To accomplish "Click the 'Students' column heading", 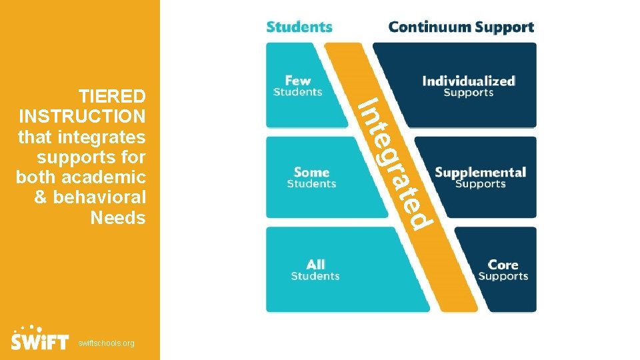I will point(299,27).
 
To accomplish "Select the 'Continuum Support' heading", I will point(461,27).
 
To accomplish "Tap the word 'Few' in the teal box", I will point(298,81).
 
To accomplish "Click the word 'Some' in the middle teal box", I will point(311,173).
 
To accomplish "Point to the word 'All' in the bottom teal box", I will point(315,265).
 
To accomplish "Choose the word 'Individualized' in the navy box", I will point(468,81).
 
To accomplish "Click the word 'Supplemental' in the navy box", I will point(480,173).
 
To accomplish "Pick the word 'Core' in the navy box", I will point(503,265).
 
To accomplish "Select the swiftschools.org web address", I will point(106,343).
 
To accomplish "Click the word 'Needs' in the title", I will point(117,217).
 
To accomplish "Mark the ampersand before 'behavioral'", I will point(40,197).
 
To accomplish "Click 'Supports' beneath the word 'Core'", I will point(503,277).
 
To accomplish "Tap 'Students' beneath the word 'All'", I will point(315,276).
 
